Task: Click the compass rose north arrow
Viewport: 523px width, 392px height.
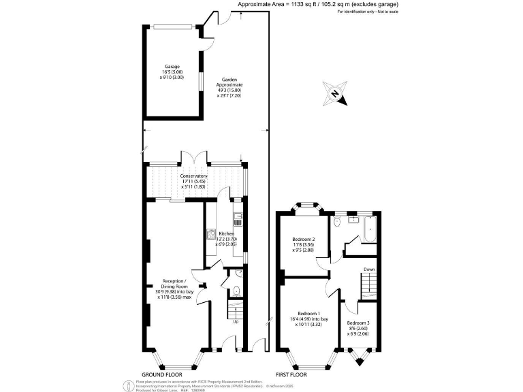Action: tap(336, 95)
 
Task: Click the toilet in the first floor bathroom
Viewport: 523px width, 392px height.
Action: tap(337, 223)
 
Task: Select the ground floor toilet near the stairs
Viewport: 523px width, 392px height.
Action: tap(236, 291)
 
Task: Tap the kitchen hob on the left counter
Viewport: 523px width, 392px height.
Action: tap(210, 235)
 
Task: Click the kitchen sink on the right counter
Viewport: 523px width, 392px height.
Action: tap(238, 220)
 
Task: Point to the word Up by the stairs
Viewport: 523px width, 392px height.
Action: tap(236, 322)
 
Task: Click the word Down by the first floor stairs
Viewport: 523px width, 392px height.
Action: tap(368, 269)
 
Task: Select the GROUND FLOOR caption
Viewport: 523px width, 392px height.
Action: tap(161, 375)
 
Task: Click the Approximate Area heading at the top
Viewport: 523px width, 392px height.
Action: tap(317, 5)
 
